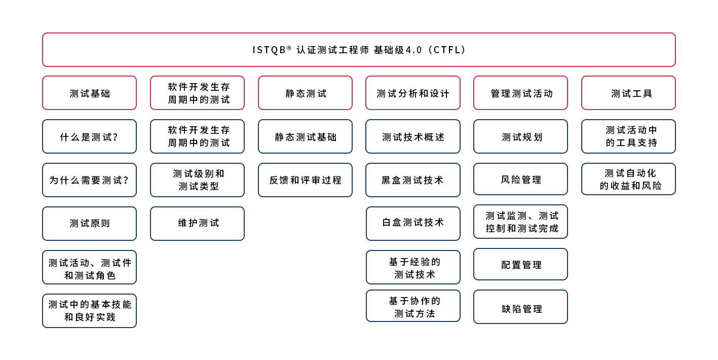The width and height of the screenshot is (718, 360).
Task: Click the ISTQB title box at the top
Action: click(359, 50)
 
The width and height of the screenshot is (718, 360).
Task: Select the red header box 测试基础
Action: click(89, 93)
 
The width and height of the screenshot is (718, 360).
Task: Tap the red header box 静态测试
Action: click(305, 93)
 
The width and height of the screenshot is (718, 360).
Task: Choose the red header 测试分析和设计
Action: click(413, 93)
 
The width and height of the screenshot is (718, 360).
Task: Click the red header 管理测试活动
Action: click(520, 93)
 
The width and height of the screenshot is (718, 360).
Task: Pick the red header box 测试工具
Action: click(629, 93)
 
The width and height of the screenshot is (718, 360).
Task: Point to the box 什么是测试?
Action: click(89, 137)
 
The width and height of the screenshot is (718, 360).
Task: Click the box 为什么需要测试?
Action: click(89, 180)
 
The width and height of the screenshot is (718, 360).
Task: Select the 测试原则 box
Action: click(89, 224)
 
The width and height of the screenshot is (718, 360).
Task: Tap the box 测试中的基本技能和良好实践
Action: click(89, 311)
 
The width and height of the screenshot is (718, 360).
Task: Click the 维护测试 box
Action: click(197, 224)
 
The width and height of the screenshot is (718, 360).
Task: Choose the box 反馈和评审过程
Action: click(305, 180)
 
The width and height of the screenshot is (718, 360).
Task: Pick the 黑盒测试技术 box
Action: click(413, 180)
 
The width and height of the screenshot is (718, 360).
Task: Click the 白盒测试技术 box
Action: click(413, 224)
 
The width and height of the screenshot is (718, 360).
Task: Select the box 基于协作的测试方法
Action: click(413, 306)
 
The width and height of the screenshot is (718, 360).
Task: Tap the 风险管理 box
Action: click(520, 179)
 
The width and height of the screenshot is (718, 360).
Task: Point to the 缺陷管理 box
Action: click(520, 307)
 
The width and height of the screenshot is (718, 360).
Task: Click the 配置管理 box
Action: click(520, 264)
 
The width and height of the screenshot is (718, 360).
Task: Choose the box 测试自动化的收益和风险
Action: click(629, 179)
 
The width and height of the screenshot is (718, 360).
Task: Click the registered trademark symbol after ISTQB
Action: click(289, 48)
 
